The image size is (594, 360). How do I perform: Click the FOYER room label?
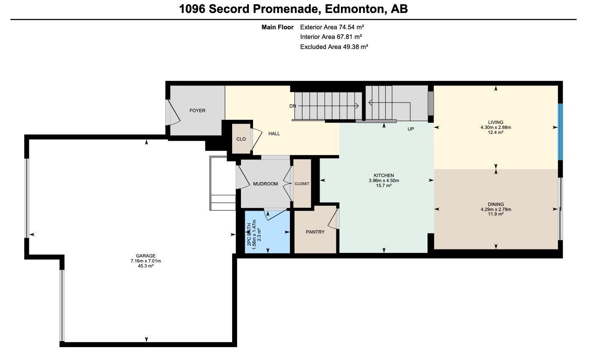pyautogui.click(x=197, y=111)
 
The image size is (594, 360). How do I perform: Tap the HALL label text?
pyautogui.click(x=274, y=134)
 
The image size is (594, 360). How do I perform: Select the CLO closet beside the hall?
pyautogui.click(x=241, y=139)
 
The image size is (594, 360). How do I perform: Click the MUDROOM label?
pyautogui.click(x=265, y=184)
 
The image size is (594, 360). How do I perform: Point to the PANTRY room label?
pyautogui.click(x=315, y=232)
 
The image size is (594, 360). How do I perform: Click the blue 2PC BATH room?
pyautogui.click(x=268, y=232)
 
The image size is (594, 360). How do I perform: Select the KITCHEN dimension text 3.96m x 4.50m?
pyautogui.click(x=384, y=181)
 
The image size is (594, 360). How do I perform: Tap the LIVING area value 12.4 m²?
pyautogui.click(x=496, y=132)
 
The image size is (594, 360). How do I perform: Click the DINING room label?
pyautogui.click(x=496, y=204)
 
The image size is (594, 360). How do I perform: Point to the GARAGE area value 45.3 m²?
pyautogui.click(x=146, y=266)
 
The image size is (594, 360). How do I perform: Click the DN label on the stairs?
pyautogui.click(x=292, y=106)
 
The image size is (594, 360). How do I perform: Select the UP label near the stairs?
pyautogui.click(x=410, y=129)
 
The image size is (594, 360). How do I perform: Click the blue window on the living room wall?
pyautogui.click(x=560, y=132)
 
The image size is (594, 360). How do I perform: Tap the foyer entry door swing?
pyautogui.click(x=173, y=112)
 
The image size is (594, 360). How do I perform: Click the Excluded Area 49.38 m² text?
pyautogui.click(x=334, y=47)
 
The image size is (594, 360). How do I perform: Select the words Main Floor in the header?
pyautogui.click(x=277, y=27)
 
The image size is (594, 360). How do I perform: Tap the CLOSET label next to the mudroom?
pyautogui.click(x=302, y=184)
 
